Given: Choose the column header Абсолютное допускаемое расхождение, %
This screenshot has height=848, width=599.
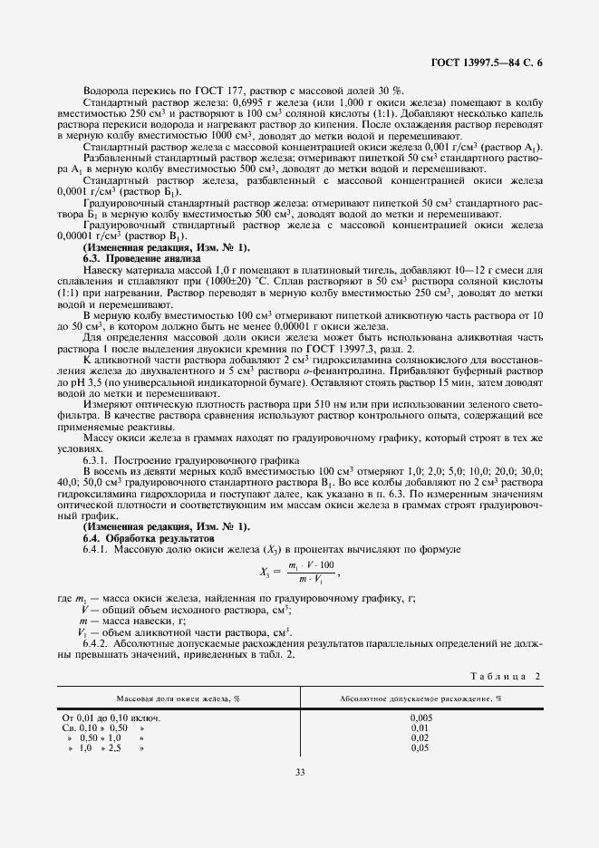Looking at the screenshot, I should (420, 699).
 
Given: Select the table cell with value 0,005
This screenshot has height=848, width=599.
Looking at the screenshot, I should (420, 718).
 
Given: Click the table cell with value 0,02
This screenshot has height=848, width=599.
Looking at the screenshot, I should (420, 737).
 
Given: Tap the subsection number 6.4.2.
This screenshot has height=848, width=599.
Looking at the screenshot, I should (97, 644).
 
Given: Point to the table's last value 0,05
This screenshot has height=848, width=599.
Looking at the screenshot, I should (420, 747).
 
